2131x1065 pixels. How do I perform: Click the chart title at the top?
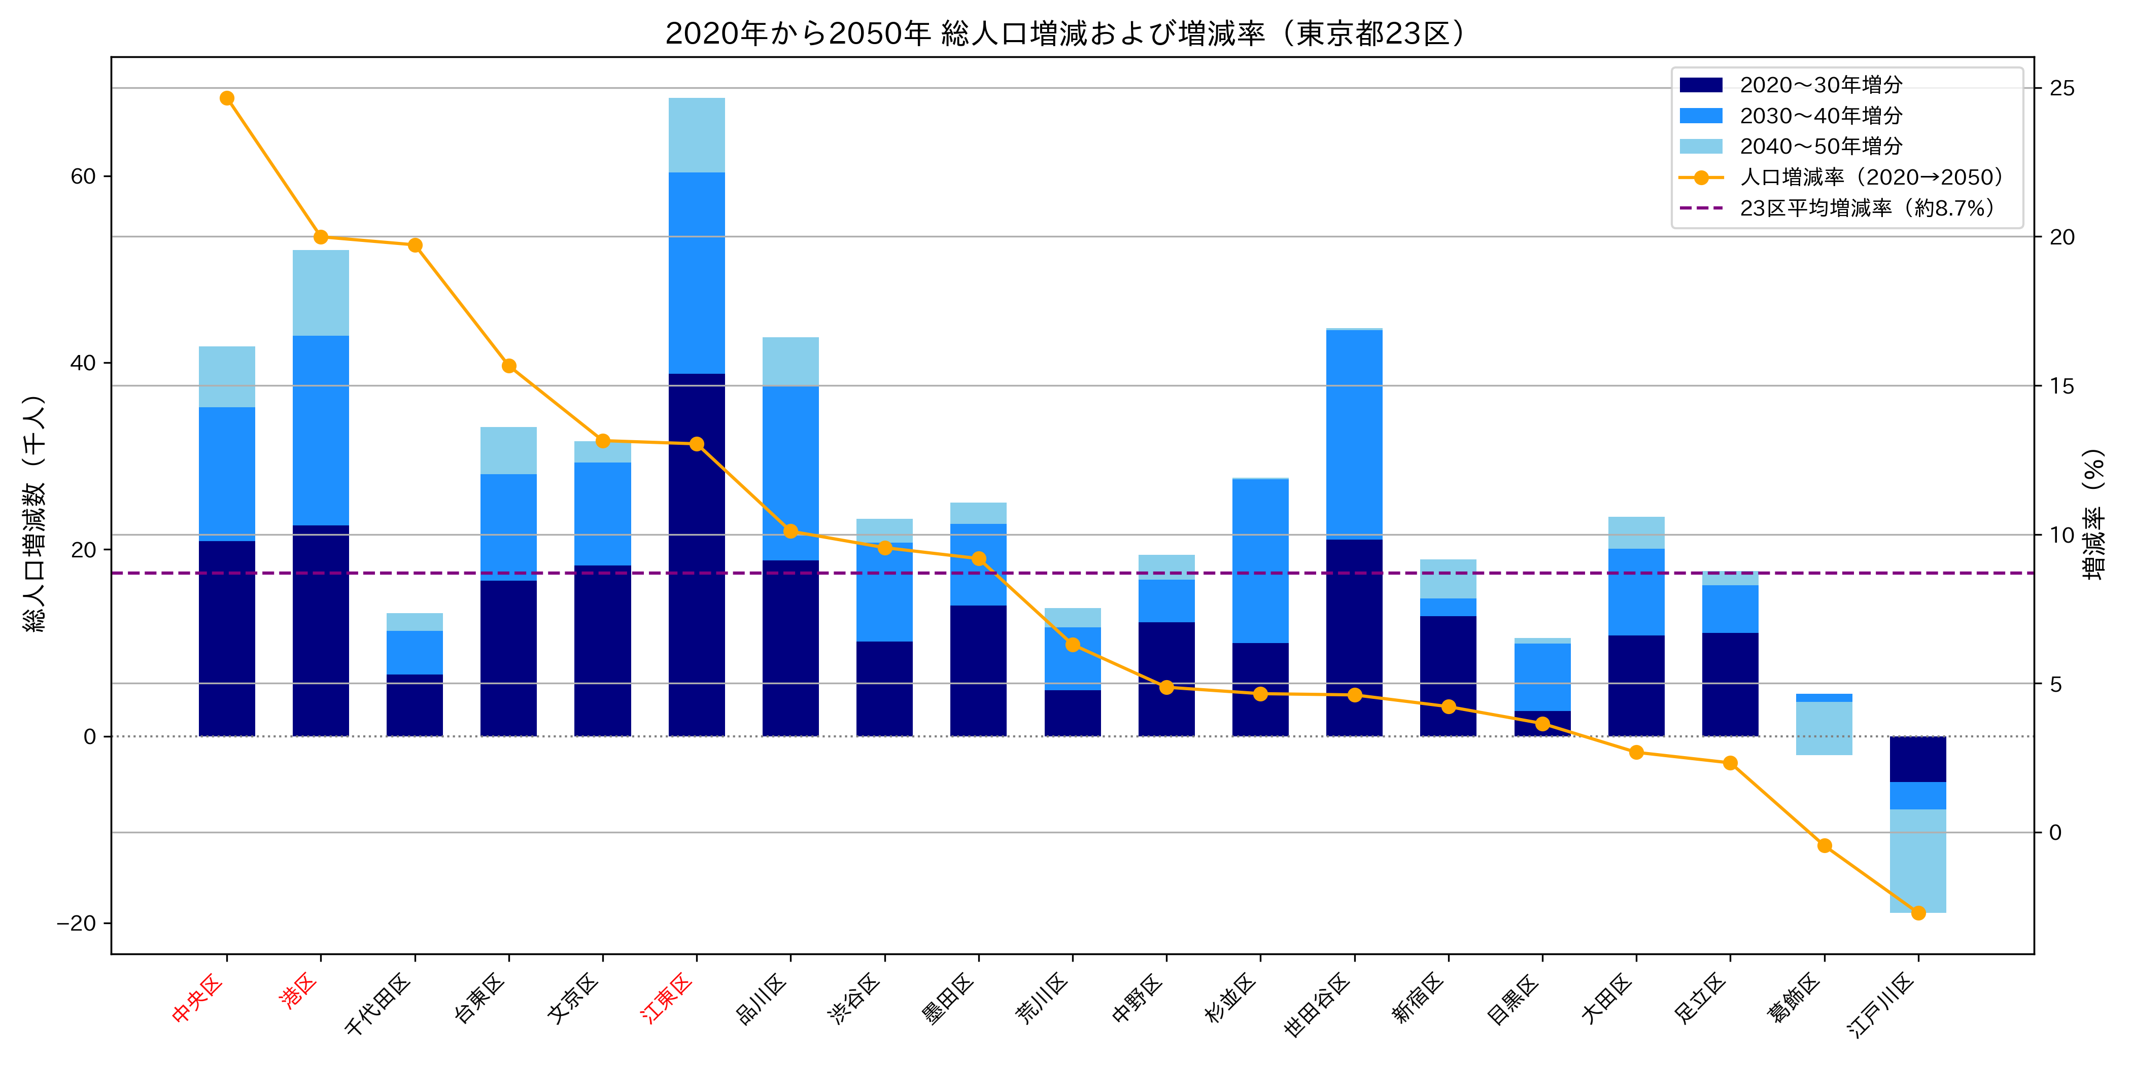(x=1065, y=33)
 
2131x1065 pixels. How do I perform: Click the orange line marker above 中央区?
(x=227, y=98)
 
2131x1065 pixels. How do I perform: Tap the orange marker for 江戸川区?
(x=1917, y=913)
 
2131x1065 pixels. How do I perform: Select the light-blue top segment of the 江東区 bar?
(x=697, y=135)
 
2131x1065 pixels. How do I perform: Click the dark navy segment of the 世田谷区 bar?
(x=1354, y=636)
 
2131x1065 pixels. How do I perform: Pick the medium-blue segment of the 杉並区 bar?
(x=1260, y=560)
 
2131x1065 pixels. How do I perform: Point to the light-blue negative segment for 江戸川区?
(x=1917, y=860)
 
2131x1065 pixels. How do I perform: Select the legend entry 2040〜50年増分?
(x=1820, y=147)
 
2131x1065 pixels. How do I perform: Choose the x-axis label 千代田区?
(x=379, y=1005)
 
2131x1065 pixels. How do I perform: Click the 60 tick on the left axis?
(x=84, y=176)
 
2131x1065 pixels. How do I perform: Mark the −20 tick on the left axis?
(x=77, y=923)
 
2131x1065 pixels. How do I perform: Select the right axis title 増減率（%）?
(x=2093, y=513)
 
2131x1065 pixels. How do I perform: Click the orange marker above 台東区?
(x=509, y=366)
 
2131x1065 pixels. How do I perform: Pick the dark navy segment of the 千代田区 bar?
(x=415, y=705)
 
